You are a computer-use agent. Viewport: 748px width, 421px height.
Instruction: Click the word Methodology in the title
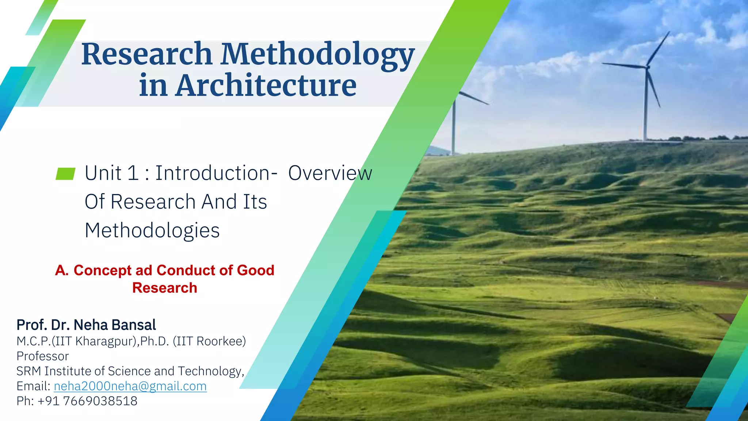(x=318, y=55)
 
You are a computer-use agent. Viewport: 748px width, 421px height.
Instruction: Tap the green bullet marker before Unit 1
(x=65, y=174)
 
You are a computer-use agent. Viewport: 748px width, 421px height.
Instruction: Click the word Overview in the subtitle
(x=330, y=173)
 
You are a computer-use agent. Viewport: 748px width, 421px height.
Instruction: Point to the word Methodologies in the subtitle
(x=152, y=231)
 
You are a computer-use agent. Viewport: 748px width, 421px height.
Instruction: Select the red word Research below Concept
(x=164, y=288)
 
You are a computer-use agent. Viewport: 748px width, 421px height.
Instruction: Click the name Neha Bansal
(x=115, y=325)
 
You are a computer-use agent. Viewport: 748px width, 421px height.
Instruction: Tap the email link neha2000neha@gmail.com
(x=130, y=386)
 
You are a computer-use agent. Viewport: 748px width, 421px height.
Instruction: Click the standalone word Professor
(x=43, y=356)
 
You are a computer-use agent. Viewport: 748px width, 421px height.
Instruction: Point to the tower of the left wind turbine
(x=454, y=128)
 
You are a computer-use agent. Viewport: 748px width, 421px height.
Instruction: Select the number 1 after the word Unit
(x=133, y=173)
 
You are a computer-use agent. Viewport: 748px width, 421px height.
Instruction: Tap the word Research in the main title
(x=147, y=55)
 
